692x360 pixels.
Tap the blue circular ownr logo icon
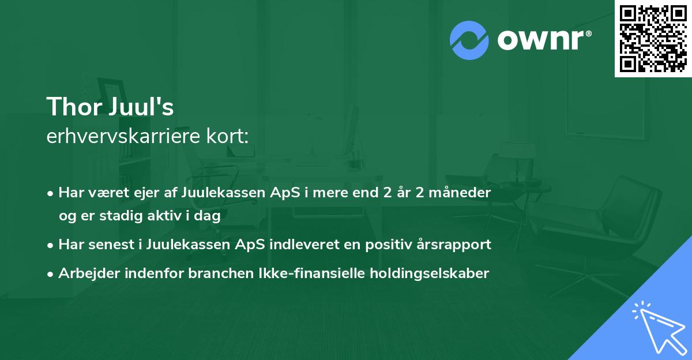click(x=469, y=40)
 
